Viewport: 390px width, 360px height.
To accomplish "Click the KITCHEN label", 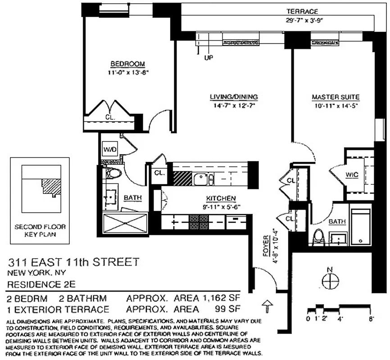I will (221, 198).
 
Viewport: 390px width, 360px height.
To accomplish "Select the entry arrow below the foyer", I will (266, 307).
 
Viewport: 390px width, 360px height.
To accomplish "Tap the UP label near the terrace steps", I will (209, 58).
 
